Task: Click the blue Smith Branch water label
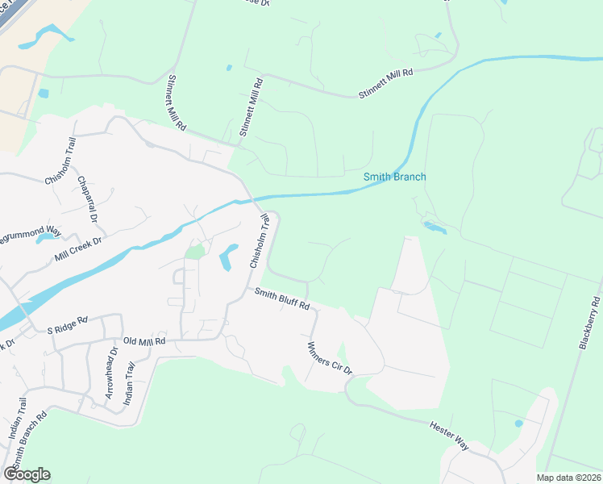394,177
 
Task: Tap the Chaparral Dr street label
87,196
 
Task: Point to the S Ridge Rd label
66,326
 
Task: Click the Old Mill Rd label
143,342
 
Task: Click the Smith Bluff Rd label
282,300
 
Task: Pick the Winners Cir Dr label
331,358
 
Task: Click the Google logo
27,474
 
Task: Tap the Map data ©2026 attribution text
568,478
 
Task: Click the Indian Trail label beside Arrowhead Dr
129,383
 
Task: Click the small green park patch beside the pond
194,252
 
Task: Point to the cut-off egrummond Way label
31,231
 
